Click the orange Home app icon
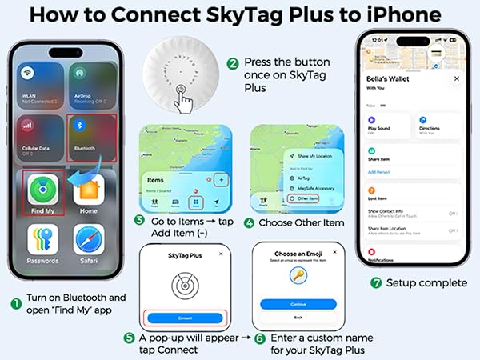point(89,190)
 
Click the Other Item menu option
point(306,198)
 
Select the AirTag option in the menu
point(302,178)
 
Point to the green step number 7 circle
point(377,283)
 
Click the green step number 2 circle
point(233,62)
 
